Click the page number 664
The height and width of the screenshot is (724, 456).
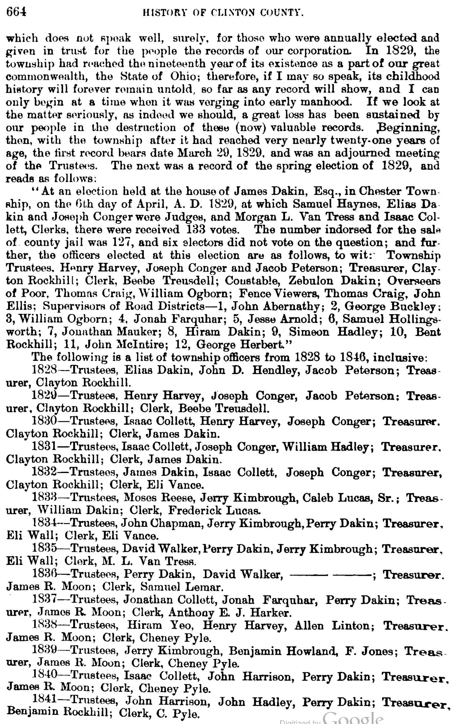tap(16, 12)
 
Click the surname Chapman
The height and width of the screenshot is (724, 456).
tap(178, 523)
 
